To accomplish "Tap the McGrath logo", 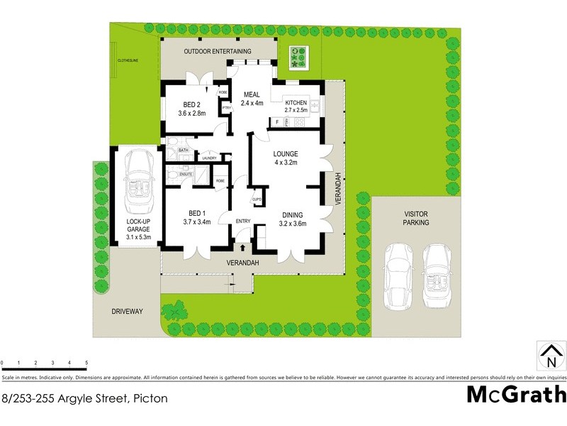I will coord(516,395).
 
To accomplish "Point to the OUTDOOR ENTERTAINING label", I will coord(218,52).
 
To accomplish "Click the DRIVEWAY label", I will coord(127,311).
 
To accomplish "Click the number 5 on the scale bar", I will coord(86,363).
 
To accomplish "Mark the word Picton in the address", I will coord(150,398).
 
